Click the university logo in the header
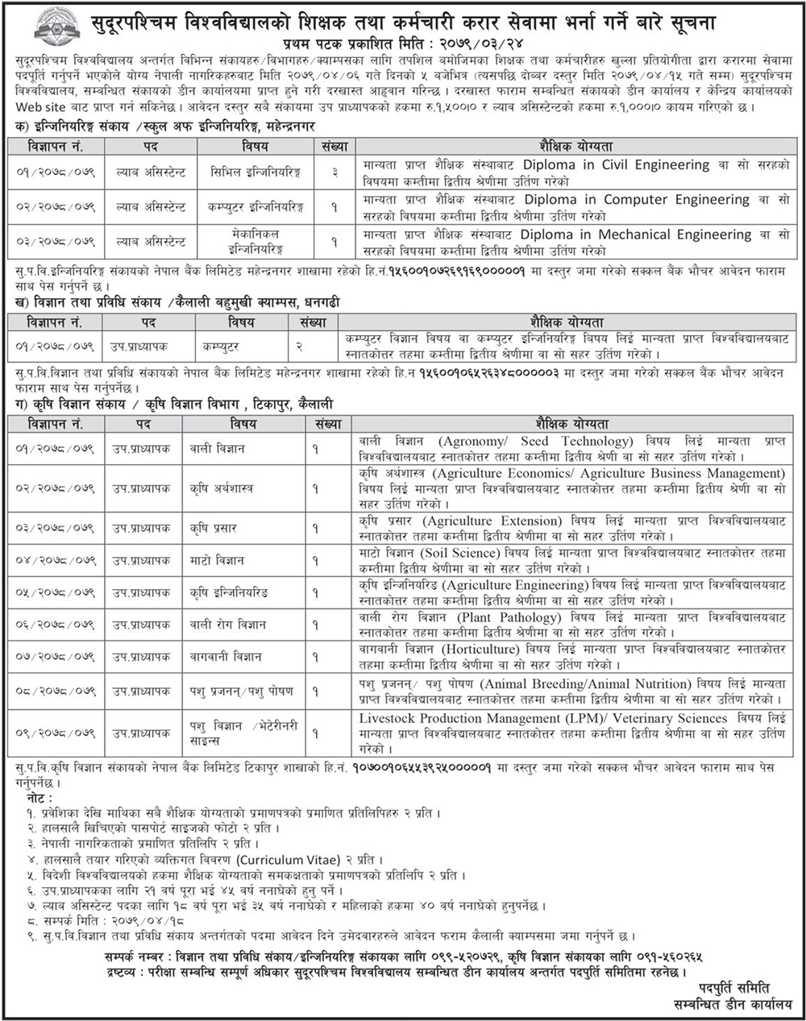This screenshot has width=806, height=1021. tap(56, 25)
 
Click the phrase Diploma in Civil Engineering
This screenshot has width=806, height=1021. tap(617, 164)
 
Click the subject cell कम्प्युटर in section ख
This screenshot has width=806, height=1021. tap(220, 347)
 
